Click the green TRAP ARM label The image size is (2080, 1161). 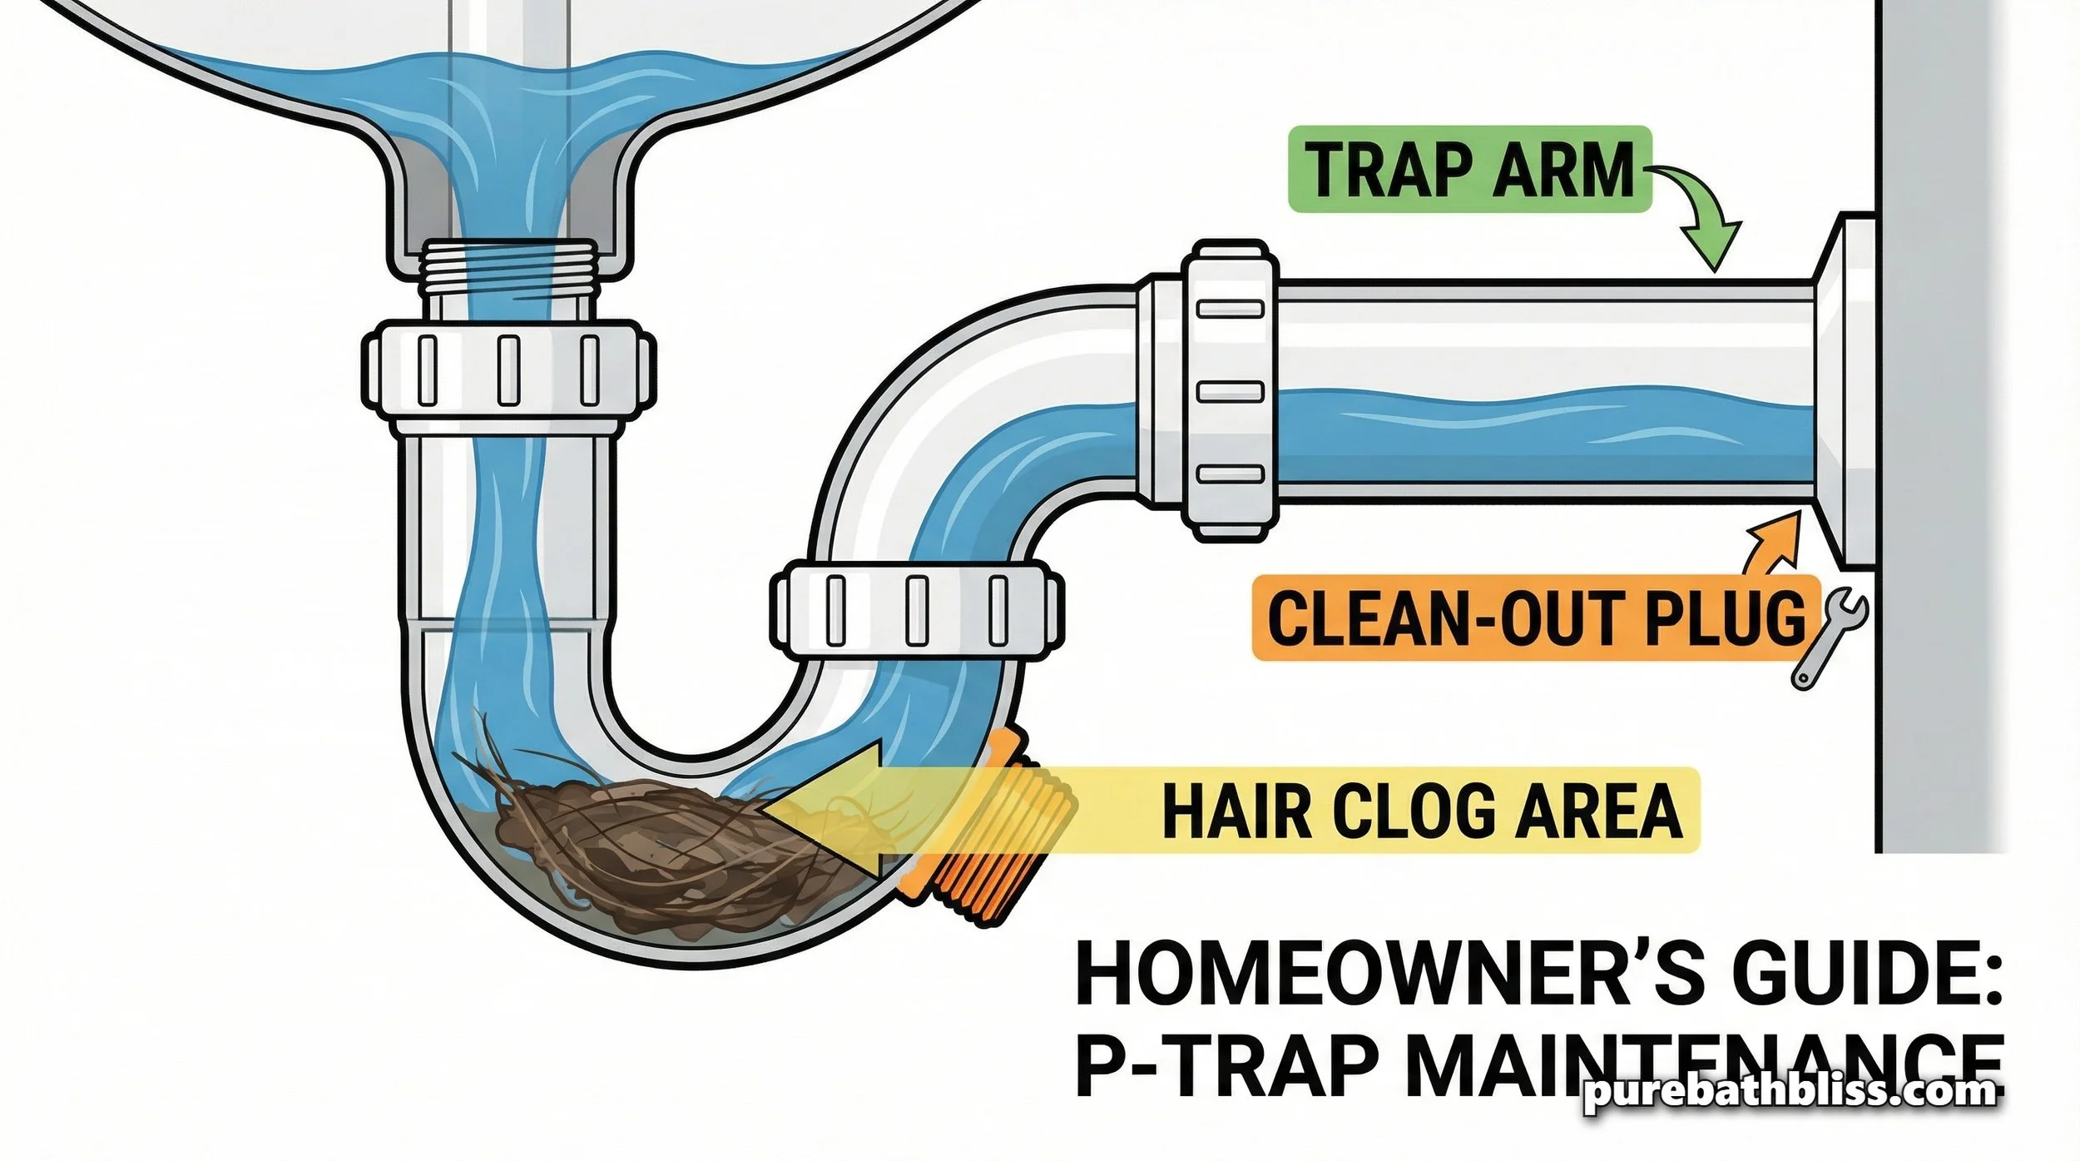click(1468, 169)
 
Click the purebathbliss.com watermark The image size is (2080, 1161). click(1789, 1092)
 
